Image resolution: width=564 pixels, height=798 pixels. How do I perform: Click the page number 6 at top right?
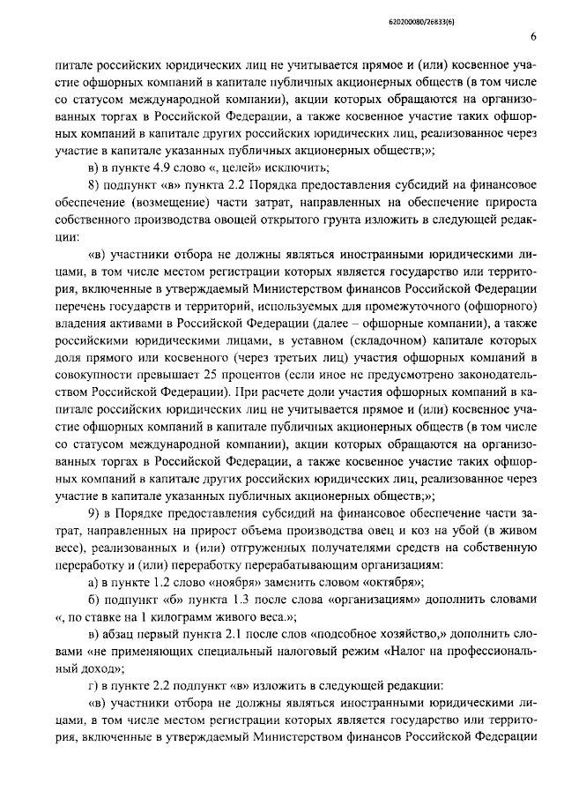click(x=534, y=36)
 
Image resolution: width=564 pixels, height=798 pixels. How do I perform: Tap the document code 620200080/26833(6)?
click(x=498, y=15)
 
